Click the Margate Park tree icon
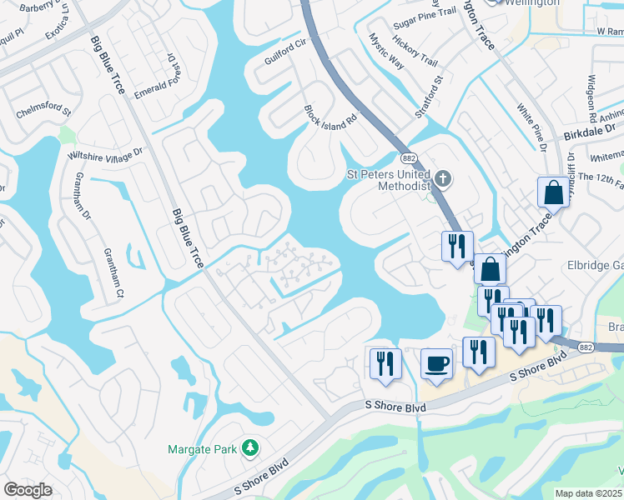point(249,449)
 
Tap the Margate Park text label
point(202,449)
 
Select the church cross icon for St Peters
point(444,177)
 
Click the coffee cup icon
point(436,362)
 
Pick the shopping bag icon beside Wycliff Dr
point(553,193)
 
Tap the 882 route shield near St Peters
point(408,158)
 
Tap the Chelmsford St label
point(43,109)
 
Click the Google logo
point(28,490)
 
